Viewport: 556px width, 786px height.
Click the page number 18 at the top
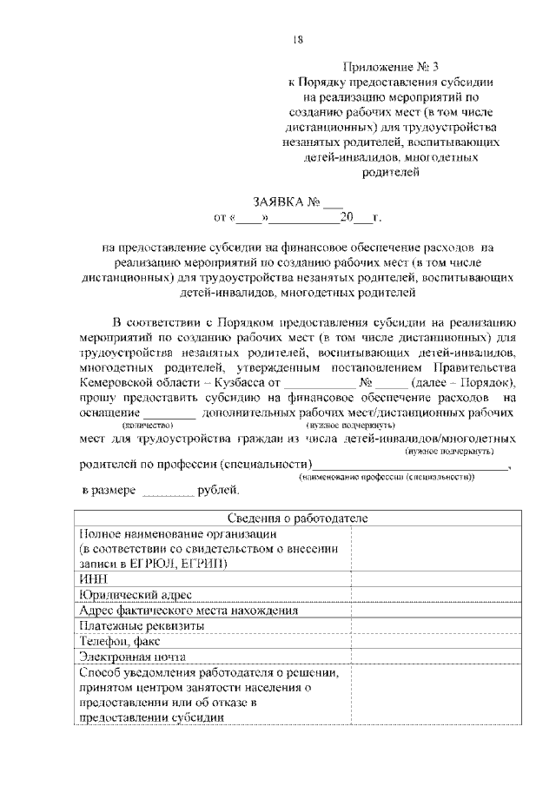pos(298,38)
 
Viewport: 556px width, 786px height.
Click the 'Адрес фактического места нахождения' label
pos(188,610)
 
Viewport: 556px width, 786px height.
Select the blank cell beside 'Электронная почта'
pos(436,657)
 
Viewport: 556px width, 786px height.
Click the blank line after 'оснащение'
pos(169,414)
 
